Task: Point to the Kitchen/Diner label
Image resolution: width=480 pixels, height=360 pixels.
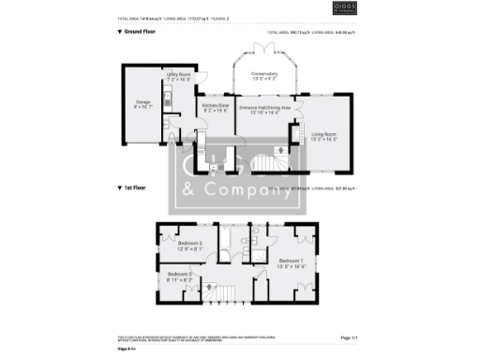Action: pos(215,109)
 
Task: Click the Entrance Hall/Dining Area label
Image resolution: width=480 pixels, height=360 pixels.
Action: pos(263,110)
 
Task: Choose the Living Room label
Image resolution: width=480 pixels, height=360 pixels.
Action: pos(324,136)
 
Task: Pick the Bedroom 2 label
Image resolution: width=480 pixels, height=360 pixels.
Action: pos(191,246)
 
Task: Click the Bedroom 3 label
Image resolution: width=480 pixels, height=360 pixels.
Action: pos(180,277)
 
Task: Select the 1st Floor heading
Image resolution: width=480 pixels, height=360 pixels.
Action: pos(134,188)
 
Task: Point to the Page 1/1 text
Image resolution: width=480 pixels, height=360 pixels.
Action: pos(349,337)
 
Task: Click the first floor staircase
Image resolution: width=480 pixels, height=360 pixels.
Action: pos(217,293)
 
